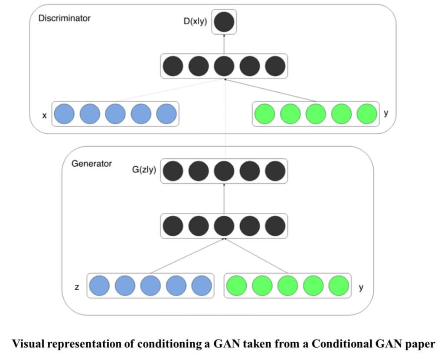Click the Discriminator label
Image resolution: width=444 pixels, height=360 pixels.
pyautogui.click(x=64, y=19)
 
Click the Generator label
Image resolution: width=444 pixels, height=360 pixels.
pyautogui.click(x=91, y=164)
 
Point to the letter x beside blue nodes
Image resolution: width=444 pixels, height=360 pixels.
pyautogui.click(x=44, y=115)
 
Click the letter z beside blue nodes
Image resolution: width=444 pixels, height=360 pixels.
pyautogui.click(x=77, y=287)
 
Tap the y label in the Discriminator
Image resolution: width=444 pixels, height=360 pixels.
pyautogui.click(x=386, y=114)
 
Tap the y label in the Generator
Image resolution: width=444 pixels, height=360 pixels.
pyautogui.click(x=361, y=286)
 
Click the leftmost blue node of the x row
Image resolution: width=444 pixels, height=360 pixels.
pyautogui.click(x=65, y=114)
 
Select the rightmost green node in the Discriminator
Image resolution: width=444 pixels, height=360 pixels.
pyautogui.click(x=367, y=114)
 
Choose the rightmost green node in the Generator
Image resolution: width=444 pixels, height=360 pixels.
pyautogui.click(x=339, y=286)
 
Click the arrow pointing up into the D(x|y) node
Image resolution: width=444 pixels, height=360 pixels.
pyautogui.click(x=224, y=44)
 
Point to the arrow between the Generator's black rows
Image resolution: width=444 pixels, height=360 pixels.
pyautogui.click(x=224, y=198)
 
